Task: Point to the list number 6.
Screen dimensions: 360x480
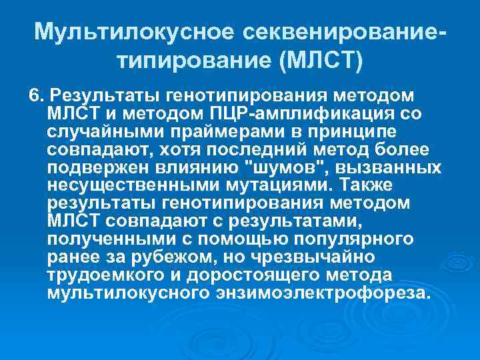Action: point(35,93)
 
